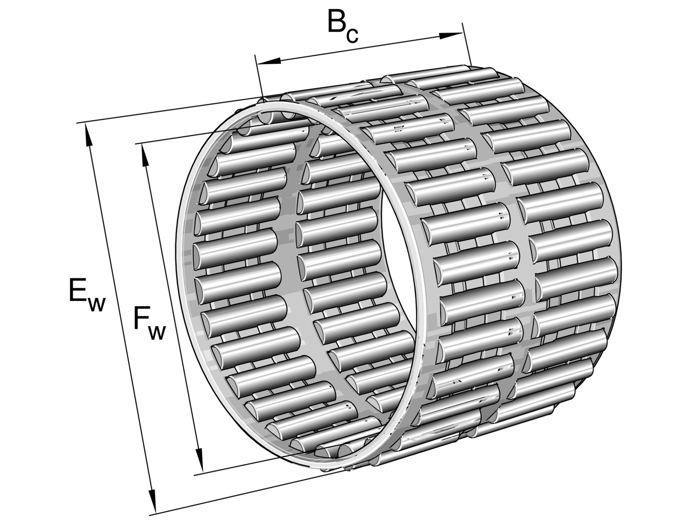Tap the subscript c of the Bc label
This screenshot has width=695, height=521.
point(352,34)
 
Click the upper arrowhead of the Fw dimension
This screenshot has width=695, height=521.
point(144,155)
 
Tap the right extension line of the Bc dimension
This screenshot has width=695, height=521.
point(467,44)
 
